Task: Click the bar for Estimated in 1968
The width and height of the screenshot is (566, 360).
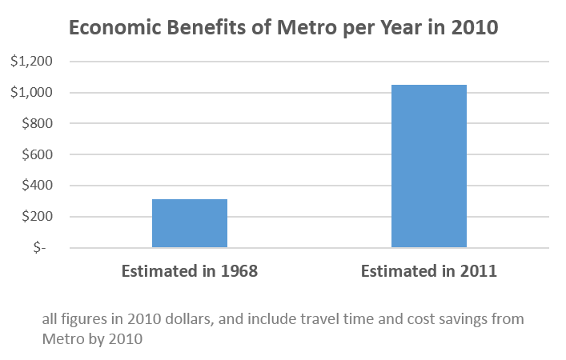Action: [190, 223]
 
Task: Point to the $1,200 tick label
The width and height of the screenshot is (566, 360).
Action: [31, 62]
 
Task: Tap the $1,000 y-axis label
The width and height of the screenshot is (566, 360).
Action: [31, 93]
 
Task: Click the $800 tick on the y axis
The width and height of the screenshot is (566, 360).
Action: [36, 124]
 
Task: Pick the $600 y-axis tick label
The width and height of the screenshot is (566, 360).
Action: [36, 155]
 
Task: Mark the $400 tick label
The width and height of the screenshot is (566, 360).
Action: [36, 186]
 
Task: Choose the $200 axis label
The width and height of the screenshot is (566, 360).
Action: [36, 217]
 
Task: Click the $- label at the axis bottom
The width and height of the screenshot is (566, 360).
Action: [40, 248]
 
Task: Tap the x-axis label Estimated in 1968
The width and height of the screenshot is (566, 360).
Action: [190, 270]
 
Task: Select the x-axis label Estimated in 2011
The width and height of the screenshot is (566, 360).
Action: [429, 270]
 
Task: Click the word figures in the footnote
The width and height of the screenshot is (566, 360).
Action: [82, 319]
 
